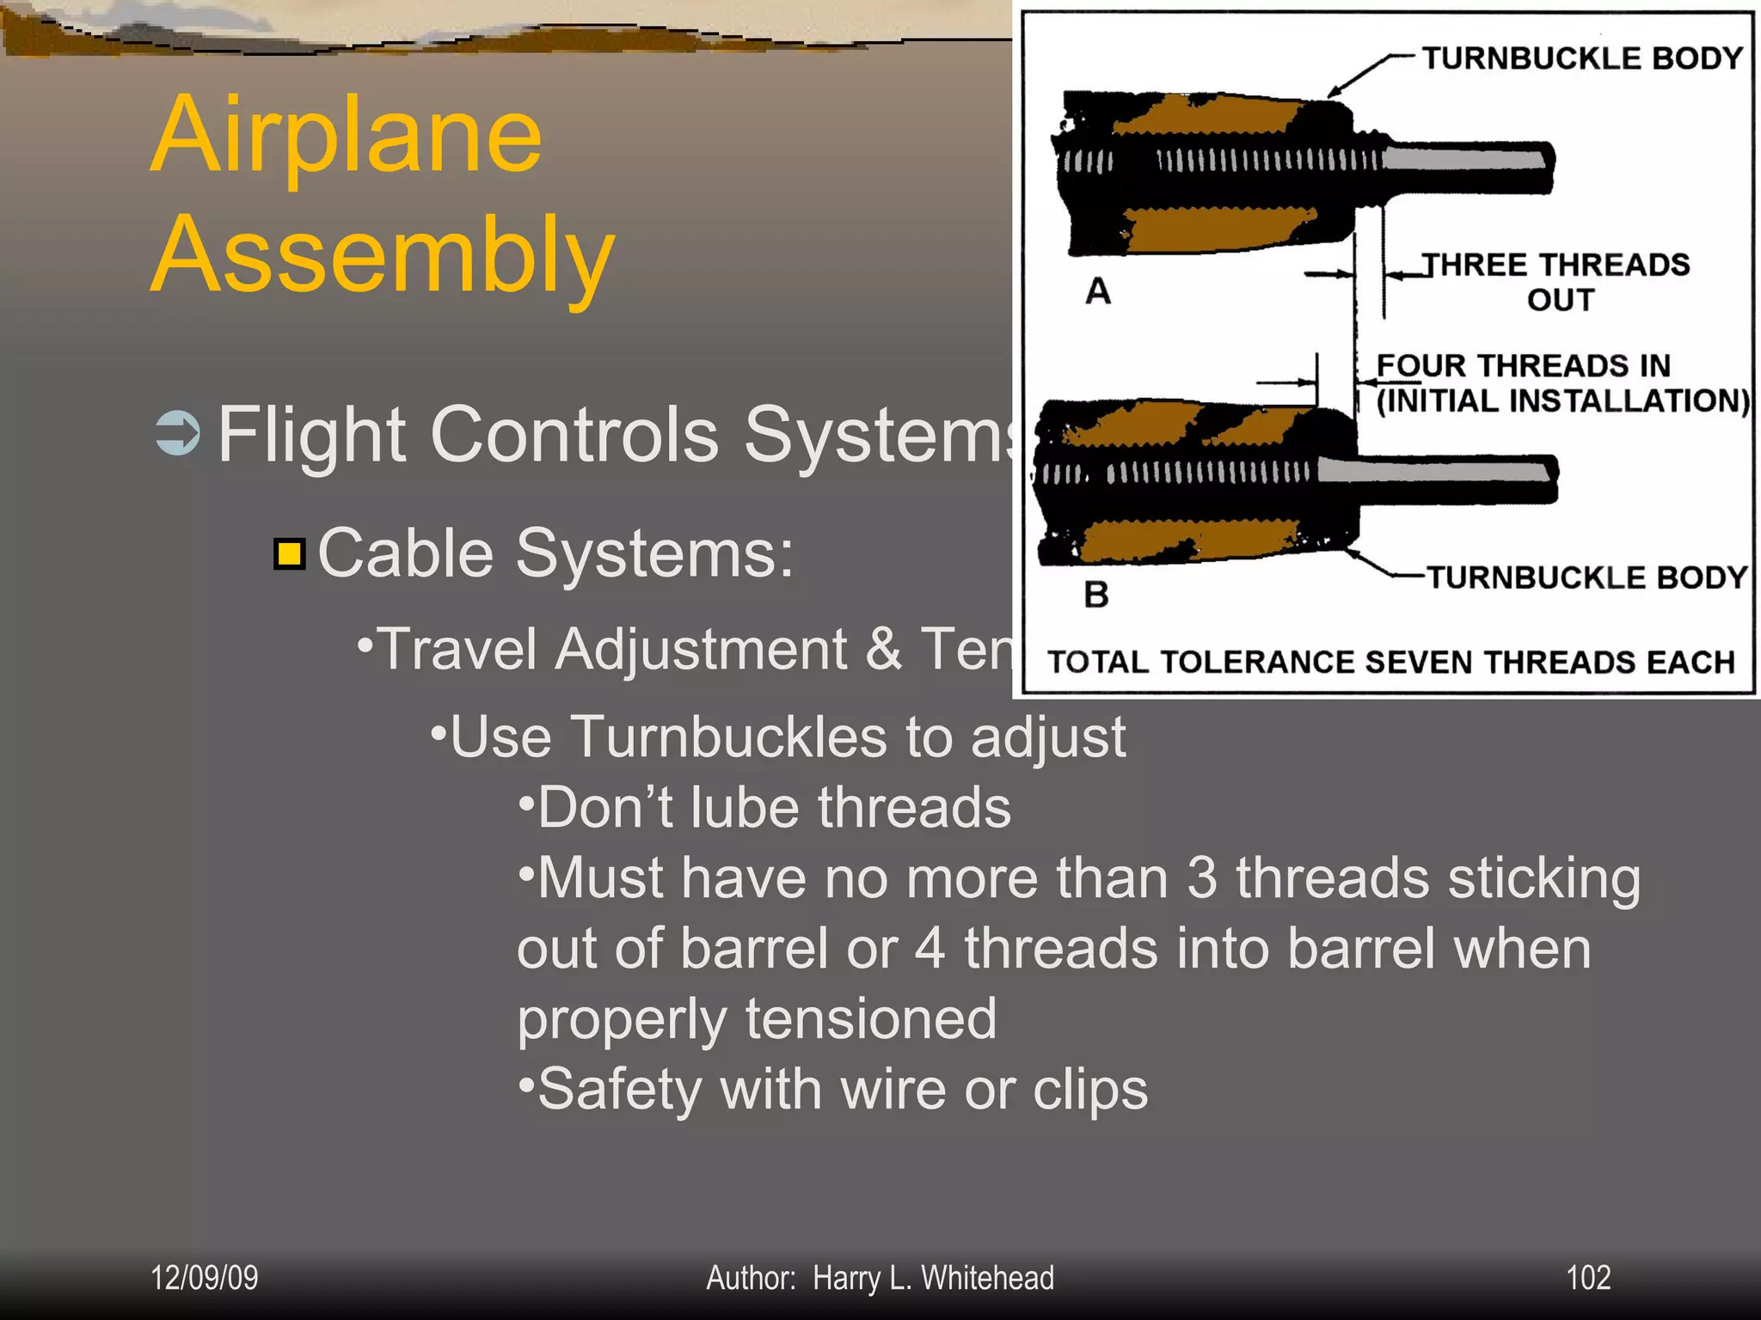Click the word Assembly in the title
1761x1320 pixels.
pos(383,256)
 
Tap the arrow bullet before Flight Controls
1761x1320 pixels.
pos(178,433)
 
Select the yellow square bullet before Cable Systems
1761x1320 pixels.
pos(290,554)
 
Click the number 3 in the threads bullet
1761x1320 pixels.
pos(1201,878)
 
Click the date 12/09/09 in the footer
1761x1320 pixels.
pos(205,1278)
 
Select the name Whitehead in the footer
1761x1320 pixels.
pos(987,1278)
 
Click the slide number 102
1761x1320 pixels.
pos(1587,1278)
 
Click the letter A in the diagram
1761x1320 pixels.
pos(1097,292)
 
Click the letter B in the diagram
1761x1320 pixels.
pos(1095,595)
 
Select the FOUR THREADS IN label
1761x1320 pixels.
pos(1522,366)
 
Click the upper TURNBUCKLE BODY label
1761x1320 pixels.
pos(1580,58)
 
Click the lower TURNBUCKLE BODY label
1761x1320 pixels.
pos(1586,577)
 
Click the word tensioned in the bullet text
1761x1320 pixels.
pos(870,1019)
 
